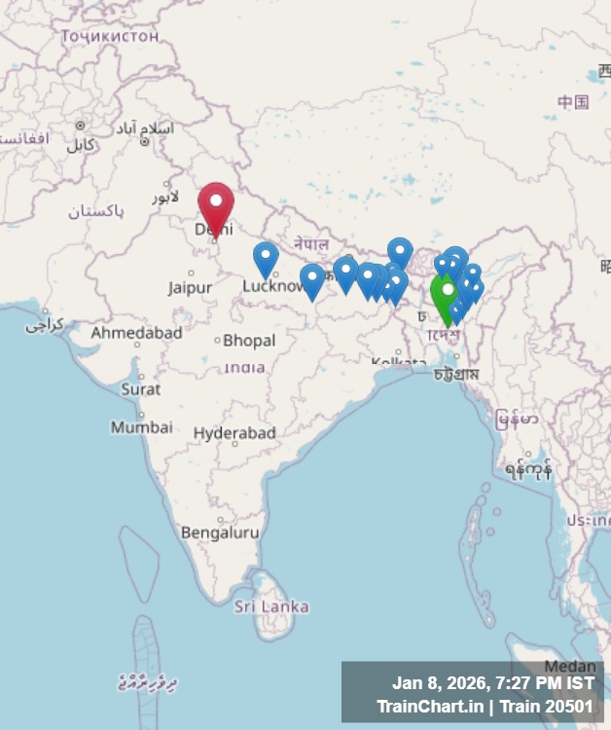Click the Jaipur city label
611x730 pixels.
click(x=190, y=287)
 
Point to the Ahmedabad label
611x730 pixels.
click(x=136, y=333)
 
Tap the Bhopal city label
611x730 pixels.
click(x=249, y=341)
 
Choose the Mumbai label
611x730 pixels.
click(x=141, y=427)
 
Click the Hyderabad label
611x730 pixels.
click(x=234, y=433)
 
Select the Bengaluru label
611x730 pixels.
click(x=220, y=532)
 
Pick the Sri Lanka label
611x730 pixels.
click(x=271, y=606)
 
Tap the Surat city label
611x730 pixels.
click(x=141, y=388)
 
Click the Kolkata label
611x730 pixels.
click(x=398, y=363)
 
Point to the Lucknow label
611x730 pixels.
click(x=273, y=286)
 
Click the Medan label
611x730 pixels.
click(x=569, y=667)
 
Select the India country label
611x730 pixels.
click(x=245, y=367)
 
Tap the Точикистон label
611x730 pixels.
click(x=109, y=36)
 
